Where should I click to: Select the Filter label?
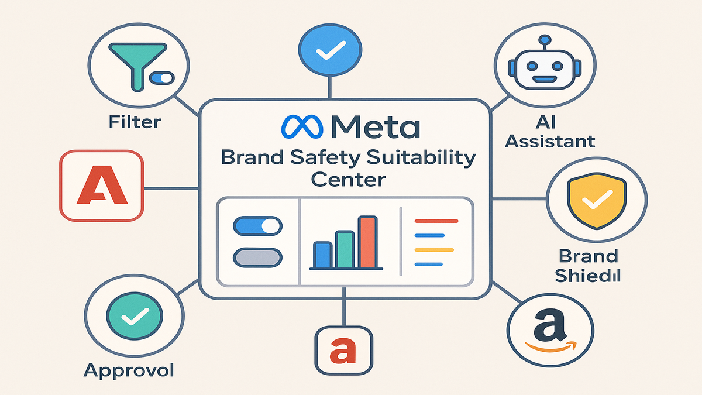click(135, 123)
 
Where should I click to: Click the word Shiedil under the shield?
click(589, 275)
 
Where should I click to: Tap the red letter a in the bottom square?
click(343, 351)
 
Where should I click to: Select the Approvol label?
click(129, 370)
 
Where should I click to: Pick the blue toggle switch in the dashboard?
click(257, 226)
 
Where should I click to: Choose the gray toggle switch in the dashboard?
click(257, 256)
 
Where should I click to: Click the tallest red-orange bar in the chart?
click(367, 242)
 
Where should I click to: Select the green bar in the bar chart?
click(345, 249)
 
